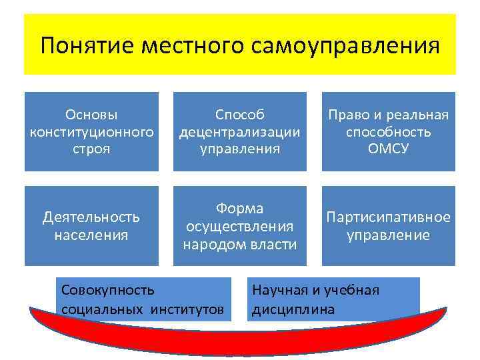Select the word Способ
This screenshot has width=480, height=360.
tap(240, 115)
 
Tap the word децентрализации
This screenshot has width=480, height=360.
tap(240, 131)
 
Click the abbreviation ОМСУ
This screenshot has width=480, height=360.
tap(388, 147)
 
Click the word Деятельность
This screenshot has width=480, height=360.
tap(91, 217)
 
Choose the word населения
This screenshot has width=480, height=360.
tap(91, 234)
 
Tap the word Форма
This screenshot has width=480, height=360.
tap(240, 209)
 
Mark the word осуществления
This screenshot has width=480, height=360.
tap(240, 226)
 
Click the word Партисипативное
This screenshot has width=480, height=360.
tap(388, 217)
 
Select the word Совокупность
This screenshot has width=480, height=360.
tap(107, 290)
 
